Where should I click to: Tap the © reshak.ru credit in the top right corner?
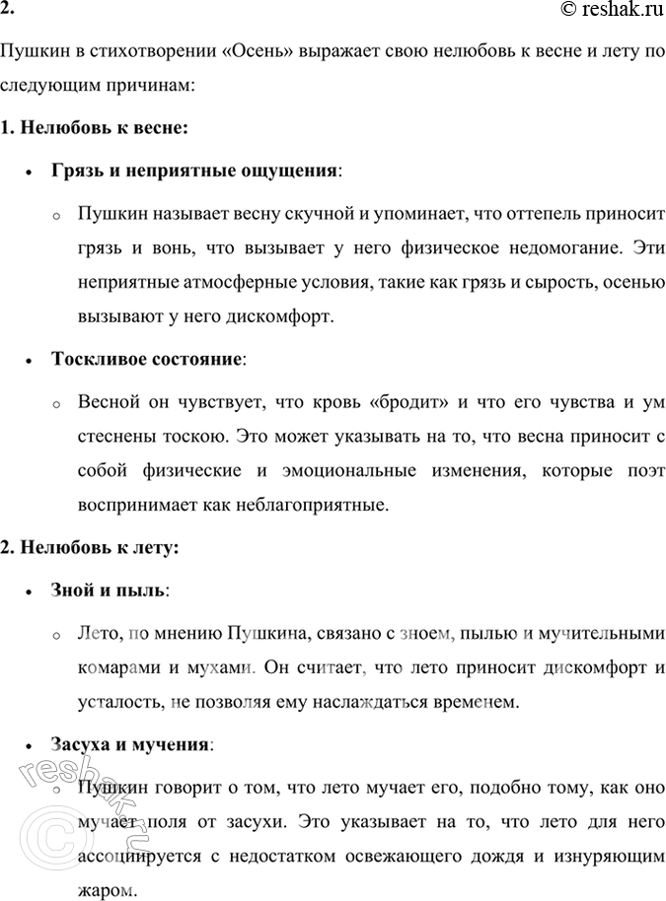(604, 11)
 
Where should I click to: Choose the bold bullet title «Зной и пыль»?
(109, 589)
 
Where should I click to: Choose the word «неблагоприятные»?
(316, 507)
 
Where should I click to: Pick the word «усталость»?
(119, 702)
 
